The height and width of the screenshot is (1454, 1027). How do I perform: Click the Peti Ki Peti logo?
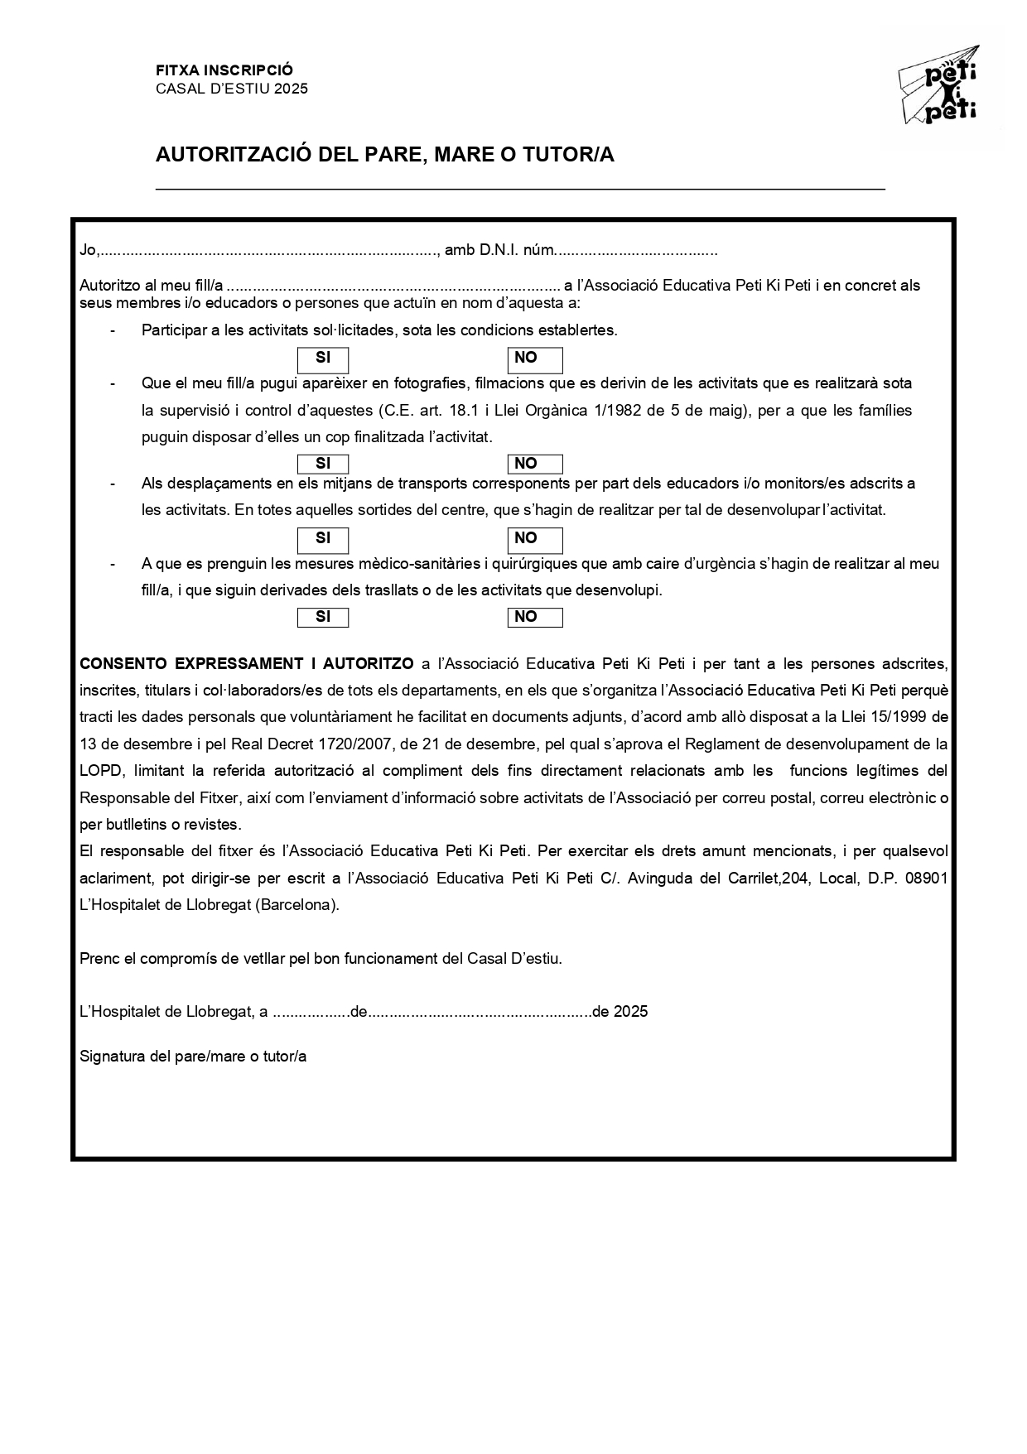coord(939,85)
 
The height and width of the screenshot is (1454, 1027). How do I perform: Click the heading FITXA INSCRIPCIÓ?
coord(224,71)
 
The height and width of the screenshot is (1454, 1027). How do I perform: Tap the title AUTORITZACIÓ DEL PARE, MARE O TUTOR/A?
coord(385,155)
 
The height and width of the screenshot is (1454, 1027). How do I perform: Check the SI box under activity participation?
coord(323,359)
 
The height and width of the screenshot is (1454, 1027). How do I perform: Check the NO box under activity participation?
coord(535,359)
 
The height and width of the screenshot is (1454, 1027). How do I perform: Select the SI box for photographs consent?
coord(323,464)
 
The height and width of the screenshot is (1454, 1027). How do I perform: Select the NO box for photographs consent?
coord(535,464)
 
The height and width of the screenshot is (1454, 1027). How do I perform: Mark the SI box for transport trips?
coord(323,539)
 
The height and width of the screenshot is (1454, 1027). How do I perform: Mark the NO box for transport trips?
coord(535,539)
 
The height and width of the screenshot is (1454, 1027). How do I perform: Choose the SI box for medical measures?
coord(323,617)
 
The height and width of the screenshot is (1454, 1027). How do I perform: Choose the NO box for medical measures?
coord(535,617)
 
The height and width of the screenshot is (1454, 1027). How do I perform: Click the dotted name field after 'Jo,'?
coord(269,250)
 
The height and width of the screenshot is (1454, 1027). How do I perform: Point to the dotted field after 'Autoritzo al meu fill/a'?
coord(393,286)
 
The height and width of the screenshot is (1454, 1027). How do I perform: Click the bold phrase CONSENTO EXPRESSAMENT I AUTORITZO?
coord(246,664)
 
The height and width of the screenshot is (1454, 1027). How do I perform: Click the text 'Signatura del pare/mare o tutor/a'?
coord(193,1057)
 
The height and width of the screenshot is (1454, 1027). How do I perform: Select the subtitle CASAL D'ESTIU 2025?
coord(232,89)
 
